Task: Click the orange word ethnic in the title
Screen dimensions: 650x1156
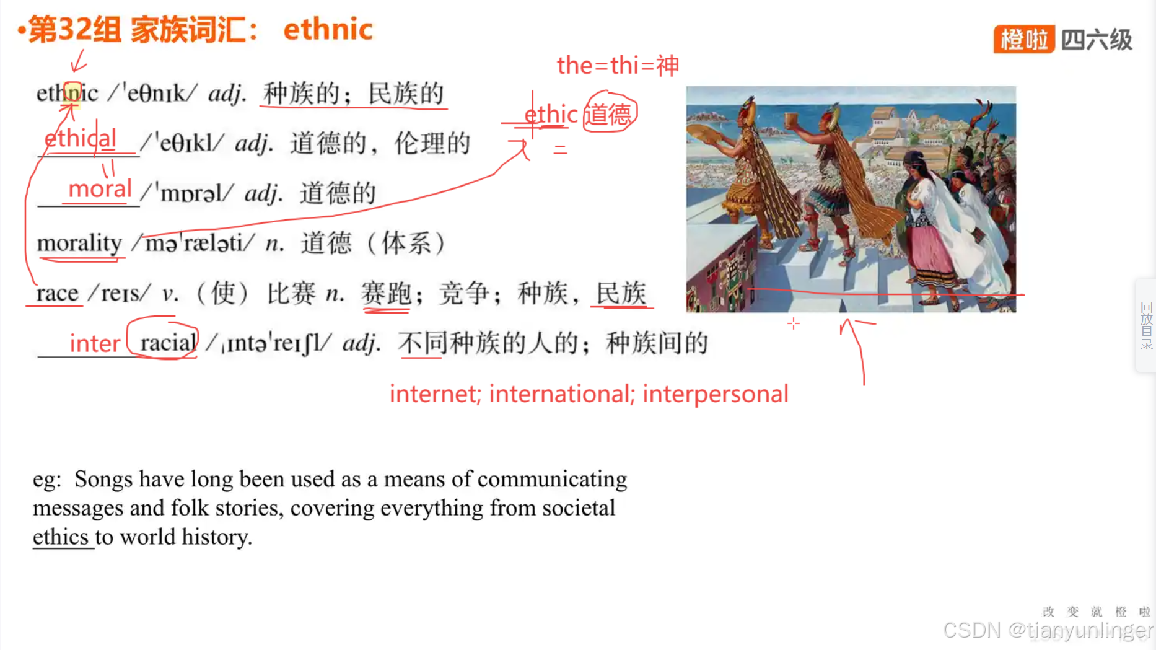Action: click(328, 29)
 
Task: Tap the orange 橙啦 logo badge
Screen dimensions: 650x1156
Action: click(1023, 40)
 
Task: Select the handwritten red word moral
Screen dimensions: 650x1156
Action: click(100, 189)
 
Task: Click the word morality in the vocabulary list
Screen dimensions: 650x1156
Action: click(79, 243)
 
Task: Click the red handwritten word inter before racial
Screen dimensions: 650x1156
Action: click(95, 343)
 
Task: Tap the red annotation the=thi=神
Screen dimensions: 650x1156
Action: click(618, 65)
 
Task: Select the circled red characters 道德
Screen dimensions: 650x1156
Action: click(610, 113)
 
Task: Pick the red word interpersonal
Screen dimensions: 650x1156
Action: click(715, 394)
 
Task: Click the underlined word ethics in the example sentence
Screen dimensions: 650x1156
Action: click(61, 537)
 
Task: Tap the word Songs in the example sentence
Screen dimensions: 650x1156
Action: click(103, 479)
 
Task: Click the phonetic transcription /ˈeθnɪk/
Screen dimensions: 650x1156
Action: click(152, 94)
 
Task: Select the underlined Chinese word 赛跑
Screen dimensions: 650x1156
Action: click(386, 293)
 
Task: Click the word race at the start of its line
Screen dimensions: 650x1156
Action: click(57, 292)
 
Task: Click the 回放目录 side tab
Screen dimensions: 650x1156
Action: click(1145, 325)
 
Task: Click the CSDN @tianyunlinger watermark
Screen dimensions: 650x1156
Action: click(1047, 630)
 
